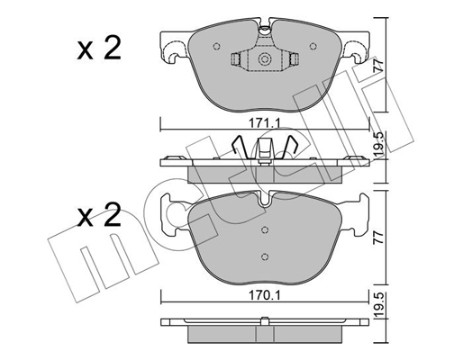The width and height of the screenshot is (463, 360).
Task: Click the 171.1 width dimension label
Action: pyautogui.click(x=265, y=123)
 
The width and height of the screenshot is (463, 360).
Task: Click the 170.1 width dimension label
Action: pyautogui.click(x=265, y=296)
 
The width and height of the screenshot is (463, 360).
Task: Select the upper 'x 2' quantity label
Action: pyautogui.click(x=99, y=48)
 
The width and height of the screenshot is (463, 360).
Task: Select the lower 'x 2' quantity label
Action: pyautogui.click(x=99, y=214)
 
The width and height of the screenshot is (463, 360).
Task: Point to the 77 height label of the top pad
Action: pyautogui.click(x=379, y=65)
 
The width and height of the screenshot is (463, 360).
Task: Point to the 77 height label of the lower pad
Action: pyautogui.click(x=379, y=238)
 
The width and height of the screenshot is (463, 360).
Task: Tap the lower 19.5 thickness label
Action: pyautogui.click(x=379, y=305)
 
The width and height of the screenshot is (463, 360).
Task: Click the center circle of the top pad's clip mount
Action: pyautogui.click(x=265, y=58)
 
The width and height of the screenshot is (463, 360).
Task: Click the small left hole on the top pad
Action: pyautogui.click(x=216, y=46)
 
